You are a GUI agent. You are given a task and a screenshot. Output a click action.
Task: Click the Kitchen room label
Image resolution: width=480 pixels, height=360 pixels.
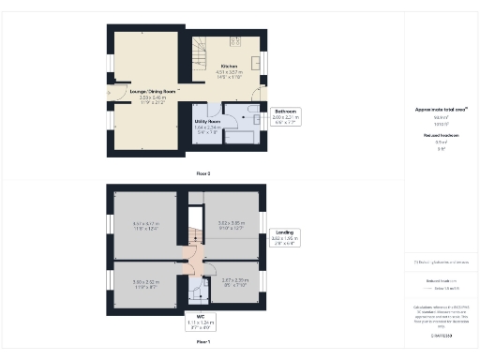click(229, 66)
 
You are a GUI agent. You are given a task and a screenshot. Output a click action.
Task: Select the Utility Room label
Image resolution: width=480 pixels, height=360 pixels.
click(207, 122)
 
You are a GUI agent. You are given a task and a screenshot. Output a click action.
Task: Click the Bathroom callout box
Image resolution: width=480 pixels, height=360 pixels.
click(285, 118)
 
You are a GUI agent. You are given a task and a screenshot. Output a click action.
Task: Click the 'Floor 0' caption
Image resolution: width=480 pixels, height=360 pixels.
click(203, 173)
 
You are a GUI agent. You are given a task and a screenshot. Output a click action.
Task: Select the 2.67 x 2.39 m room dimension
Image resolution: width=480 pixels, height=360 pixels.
click(233, 281)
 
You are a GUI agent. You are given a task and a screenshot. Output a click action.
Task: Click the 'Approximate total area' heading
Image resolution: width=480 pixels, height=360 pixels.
click(441, 109)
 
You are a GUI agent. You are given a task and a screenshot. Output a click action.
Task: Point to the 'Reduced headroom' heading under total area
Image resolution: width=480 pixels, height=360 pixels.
click(440, 136)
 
